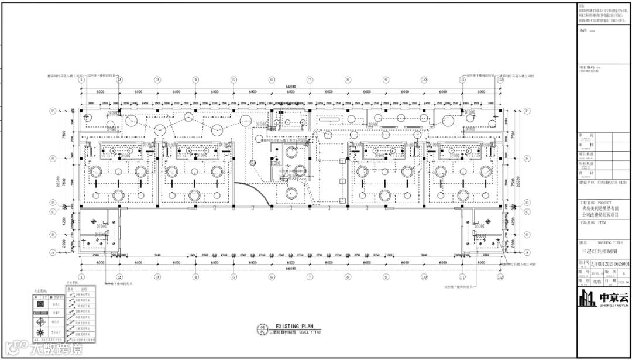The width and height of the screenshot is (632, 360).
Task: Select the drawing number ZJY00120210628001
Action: click(x=609, y=264)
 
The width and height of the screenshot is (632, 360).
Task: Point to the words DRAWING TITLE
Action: click(x=610, y=242)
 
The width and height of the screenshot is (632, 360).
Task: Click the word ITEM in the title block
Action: click(x=602, y=223)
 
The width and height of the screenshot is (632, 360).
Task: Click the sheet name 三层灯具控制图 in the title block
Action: click(x=595, y=252)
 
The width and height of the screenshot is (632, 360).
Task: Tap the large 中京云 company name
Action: click(x=613, y=296)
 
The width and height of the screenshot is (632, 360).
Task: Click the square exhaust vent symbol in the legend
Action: click(x=41, y=304)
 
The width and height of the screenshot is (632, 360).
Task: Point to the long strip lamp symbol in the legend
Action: click(x=41, y=312)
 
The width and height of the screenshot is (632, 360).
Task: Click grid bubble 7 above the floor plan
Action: click(x=310, y=80)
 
